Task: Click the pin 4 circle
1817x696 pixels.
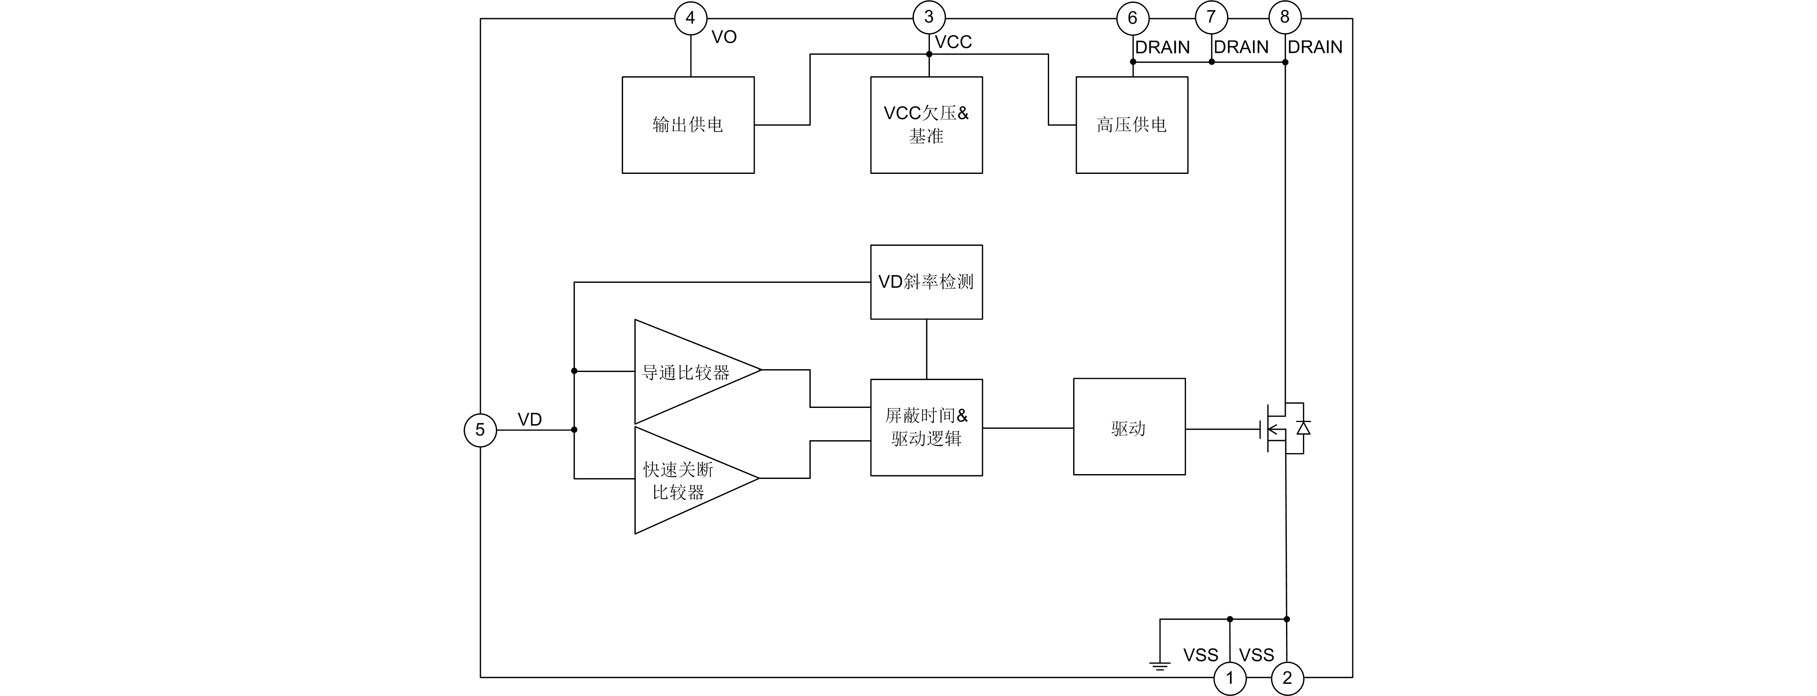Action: [x=690, y=18]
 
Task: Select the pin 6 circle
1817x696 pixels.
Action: [x=1133, y=18]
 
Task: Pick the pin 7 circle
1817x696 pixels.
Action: [x=1211, y=17]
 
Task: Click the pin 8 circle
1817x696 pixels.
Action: [x=1284, y=17]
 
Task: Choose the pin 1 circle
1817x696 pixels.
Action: [x=1230, y=678]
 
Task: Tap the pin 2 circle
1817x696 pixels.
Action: [x=1287, y=678]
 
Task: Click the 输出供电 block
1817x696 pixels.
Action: [x=688, y=125]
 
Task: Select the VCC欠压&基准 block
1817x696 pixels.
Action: [x=926, y=125]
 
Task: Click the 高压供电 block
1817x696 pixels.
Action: [x=1131, y=125]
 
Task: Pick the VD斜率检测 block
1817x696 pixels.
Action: [x=926, y=282]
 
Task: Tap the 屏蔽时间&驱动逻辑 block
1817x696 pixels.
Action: [x=926, y=427]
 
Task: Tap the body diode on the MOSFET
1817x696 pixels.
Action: [x=1303, y=427]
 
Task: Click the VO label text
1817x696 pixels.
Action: [x=724, y=38]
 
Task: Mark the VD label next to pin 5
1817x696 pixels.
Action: [x=530, y=420]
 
